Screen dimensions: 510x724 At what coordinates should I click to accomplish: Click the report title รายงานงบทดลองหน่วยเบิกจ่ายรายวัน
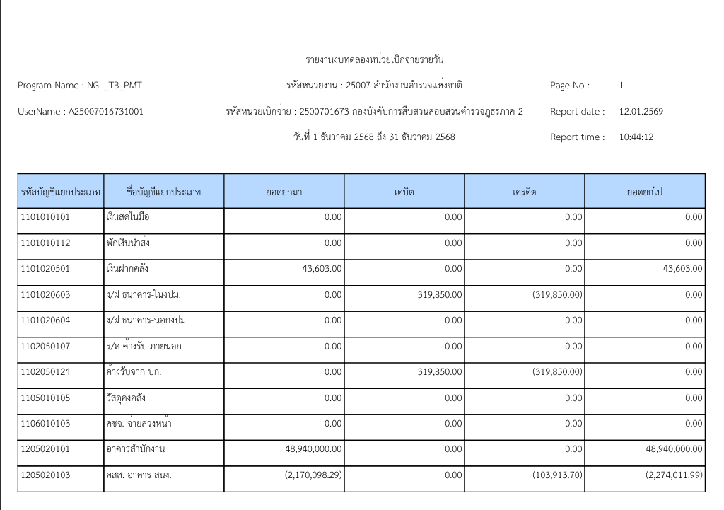[x=374, y=59]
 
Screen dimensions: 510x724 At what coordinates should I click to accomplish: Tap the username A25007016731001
[x=105, y=112]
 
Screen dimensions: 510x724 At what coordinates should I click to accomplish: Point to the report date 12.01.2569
[x=641, y=112]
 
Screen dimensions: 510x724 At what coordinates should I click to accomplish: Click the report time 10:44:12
[x=636, y=137]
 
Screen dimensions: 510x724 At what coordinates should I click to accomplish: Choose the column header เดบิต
[x=404, y=192]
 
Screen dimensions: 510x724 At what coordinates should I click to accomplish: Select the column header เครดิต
[x=524, y=192]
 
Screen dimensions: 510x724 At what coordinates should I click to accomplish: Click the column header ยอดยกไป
[x=644, y=192]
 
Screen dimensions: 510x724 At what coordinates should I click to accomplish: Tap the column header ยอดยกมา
[x=284, y=192]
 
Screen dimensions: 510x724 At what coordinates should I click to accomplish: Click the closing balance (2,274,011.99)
[x=674, y=475]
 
